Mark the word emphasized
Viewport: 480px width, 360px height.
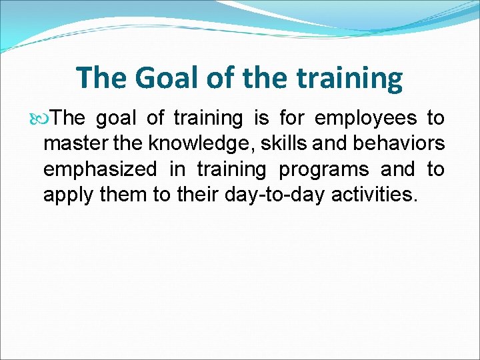click(100, 169)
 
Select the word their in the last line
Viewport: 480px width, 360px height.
click(195, 195)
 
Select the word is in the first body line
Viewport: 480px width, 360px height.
click(260, 119)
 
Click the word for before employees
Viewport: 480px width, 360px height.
click(292, 119)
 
